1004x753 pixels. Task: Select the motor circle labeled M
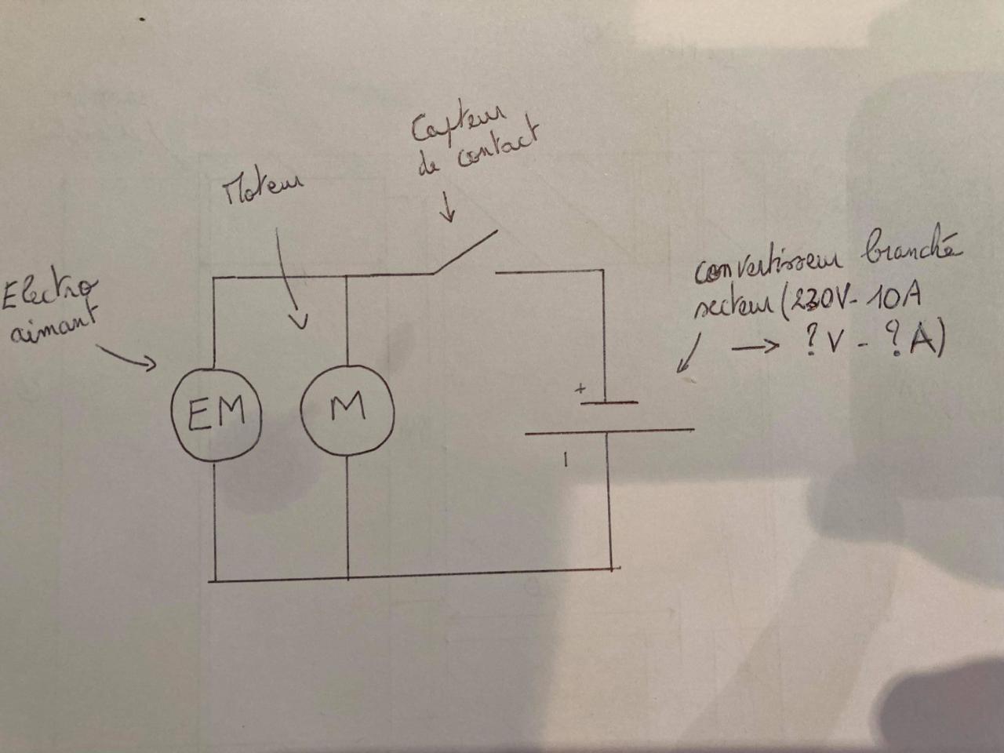pos(347,408)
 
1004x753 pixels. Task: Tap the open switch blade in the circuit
pos(464,252)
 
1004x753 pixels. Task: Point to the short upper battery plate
pos(609,402)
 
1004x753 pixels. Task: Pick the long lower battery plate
pos(609,431)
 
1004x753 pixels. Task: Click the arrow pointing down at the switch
pos(449,207)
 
